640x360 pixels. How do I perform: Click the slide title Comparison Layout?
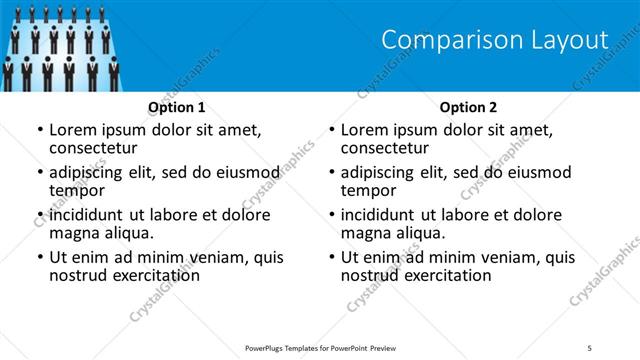(495, 40)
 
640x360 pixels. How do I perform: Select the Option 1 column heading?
(177, 106)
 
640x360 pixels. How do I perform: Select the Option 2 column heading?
(469, 106)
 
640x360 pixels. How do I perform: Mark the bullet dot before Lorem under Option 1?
(39, 130)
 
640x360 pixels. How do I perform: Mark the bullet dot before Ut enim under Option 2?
(331, 257)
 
